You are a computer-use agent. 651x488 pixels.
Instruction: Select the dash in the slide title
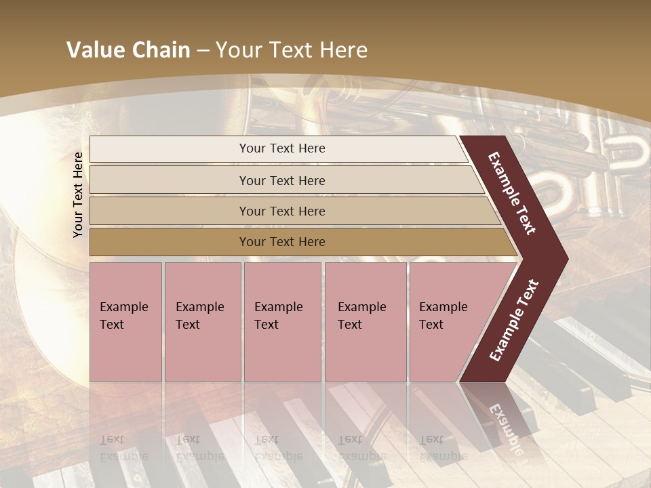click(x=203, y=51)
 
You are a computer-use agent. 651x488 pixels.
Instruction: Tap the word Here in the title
click(x=343, y=50)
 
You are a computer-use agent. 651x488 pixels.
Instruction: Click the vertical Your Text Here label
click(x=78, y=195)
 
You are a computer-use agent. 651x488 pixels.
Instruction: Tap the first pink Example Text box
click(x=125, y=322)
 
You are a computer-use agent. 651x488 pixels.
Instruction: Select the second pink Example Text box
click(x=203, y=322)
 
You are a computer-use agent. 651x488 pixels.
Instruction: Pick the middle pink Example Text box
click(x=282, y=322)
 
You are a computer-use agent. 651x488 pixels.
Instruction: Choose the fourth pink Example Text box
click(x=366, y=322)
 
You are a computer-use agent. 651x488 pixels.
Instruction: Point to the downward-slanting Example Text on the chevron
click(x=513, y=194)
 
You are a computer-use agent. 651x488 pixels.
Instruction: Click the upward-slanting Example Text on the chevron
click(x=514, y=320)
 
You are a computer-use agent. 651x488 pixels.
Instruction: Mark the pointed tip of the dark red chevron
click(x=567, y=258)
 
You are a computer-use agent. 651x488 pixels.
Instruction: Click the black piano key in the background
click(x=576, y=366)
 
